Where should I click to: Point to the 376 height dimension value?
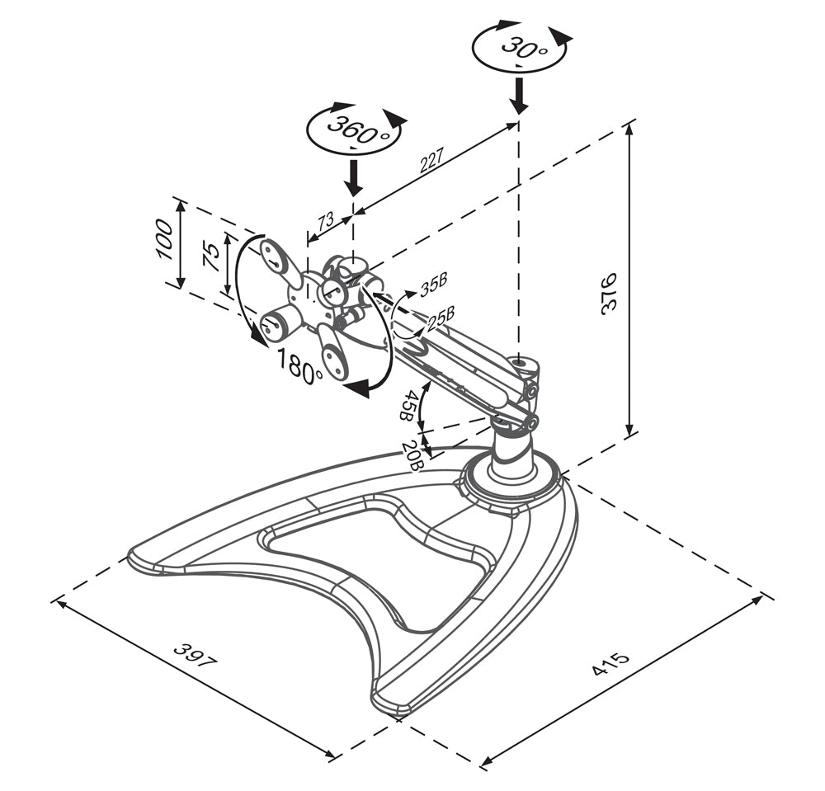pos(610,292)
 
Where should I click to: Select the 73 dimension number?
pos(325,220)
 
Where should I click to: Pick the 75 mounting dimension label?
pos(211,257)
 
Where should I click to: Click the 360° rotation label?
pos(356,129)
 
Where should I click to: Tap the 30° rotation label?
pos(520,46)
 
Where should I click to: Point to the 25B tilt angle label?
pos(441,316)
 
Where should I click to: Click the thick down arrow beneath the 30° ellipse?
pos(518,96)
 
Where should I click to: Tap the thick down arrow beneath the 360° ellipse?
pos(353,177)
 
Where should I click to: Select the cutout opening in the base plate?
pos(375,569)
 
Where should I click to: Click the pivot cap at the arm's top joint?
pos(521,363)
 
